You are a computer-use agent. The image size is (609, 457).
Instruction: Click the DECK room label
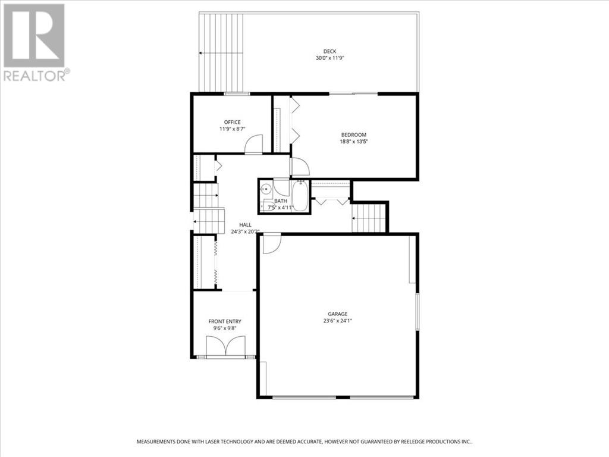[329, 51]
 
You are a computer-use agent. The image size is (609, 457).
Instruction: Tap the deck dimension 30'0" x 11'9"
[330, 58]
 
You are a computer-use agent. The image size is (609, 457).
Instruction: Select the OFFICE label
[233, 122]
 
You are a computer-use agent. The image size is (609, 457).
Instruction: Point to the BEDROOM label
[353, 135]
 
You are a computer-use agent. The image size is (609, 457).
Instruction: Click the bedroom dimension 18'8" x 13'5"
[353, 142]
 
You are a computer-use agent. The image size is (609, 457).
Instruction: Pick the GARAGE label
[338, 314]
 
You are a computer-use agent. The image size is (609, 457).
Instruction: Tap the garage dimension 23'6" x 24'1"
[338, 321]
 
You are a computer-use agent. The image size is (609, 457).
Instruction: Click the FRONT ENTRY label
[225, 321]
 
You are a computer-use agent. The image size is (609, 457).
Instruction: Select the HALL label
[245, 225]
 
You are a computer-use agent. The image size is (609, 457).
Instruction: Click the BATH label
[281, 201]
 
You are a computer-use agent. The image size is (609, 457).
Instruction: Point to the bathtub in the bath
[300, 196]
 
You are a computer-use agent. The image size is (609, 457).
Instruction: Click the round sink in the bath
[266, 189]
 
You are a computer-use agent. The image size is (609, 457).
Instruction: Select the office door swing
[254, 144]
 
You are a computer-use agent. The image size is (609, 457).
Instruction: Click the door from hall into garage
[271, 243]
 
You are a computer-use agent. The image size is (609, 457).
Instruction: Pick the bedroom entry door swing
[300, 167]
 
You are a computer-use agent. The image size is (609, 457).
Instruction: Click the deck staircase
[221, 53]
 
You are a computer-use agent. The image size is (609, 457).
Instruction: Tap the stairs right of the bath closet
[369, 218]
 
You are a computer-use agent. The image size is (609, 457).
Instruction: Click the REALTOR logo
[36, 43]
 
